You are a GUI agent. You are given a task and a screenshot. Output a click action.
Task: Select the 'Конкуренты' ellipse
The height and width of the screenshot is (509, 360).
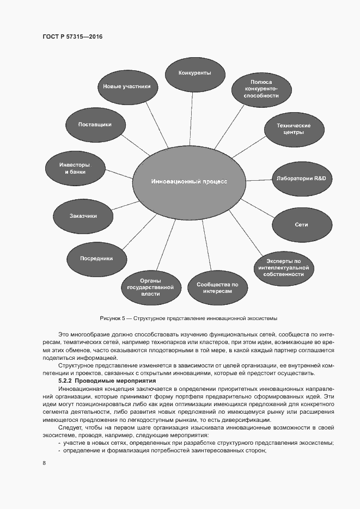pyautogui.click(x=195, y=72)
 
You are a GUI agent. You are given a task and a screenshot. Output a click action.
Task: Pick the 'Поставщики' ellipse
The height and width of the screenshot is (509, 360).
pyautogui.click(x=95, y=124)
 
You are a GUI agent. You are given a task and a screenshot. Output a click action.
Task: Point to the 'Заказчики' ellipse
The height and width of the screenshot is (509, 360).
pyautogui.click(x=83, y=216)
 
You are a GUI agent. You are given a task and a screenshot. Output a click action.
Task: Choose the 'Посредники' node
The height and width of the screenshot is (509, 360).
pyautogui.click(x=96, y=259)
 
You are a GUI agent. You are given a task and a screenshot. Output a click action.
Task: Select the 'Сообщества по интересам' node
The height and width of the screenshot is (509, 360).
pyautogui.click(x=218, y=287)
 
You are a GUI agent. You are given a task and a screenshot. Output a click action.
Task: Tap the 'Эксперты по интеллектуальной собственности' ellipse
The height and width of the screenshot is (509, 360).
pyautogui.click(x=283, y=268)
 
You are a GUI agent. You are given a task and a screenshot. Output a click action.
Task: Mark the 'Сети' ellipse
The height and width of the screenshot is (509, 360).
pyautogui.click(x=301, y=224)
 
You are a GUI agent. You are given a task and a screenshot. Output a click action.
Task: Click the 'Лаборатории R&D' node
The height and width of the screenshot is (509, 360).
pyautogui.click(x=301, y=179)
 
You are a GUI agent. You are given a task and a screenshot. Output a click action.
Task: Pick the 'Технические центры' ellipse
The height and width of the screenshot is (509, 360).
pyautogui.click(x=294, y=129)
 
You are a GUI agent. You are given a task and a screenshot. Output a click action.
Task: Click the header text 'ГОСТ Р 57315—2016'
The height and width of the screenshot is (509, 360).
pyautogui.click(x=72, y=37)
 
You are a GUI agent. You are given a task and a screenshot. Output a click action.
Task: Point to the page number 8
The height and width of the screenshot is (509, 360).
pyautogui.click(x=44, y=463)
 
